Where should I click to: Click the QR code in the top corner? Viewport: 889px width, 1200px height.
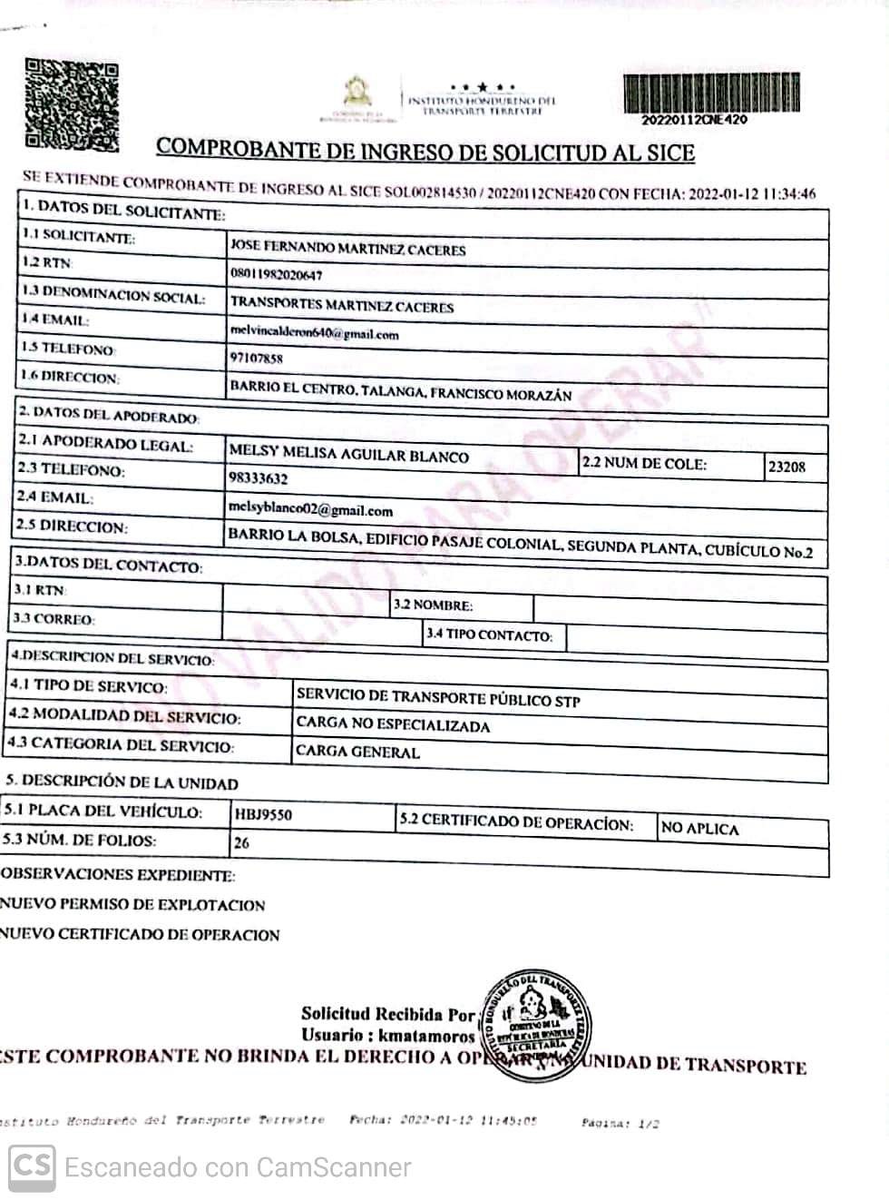pos(71,104)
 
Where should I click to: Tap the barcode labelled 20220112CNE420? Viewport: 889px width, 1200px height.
pos(712,93)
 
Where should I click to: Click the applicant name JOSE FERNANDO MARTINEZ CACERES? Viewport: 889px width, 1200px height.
pos(347,248)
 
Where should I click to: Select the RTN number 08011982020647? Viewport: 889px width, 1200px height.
pos(276,274)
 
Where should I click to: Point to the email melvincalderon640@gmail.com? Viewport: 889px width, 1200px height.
pos(314,333)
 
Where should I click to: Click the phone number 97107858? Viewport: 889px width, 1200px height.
pos(256,358)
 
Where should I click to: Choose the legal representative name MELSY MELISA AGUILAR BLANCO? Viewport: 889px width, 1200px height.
pos(348,454)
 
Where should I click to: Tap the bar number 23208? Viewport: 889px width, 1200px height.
pos(786,467)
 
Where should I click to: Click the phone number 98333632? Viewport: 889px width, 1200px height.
pos(259,478)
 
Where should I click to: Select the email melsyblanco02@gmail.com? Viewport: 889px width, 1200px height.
pos(310,509)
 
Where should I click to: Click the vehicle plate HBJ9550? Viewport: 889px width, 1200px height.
pos(263,815)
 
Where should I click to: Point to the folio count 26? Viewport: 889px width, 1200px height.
pos(241,842)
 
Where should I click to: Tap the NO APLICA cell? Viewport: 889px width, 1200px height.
pos(699,828)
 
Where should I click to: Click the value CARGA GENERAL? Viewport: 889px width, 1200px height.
pos(357,752)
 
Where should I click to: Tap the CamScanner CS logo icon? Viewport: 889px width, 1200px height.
pos(32,1166)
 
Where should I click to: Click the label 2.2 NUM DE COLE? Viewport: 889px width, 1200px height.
pos(643,463)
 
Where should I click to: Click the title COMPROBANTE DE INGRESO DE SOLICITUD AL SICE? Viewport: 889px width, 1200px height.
pos(425,150)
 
